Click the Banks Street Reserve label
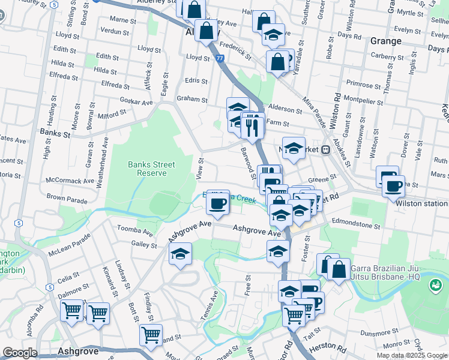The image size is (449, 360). click(x=151, y=169)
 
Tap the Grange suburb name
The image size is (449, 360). click(x=386, y=41)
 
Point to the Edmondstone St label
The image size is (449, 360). click(x=356, y=227)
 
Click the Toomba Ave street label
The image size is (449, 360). click(x=135, y=230)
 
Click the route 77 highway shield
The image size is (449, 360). click(x=220, y=58)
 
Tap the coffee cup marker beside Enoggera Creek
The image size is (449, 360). click(x=217, y=203)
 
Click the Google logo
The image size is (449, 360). click(x=20, y=353)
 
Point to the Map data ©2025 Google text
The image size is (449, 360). click(x=412, y=355)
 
